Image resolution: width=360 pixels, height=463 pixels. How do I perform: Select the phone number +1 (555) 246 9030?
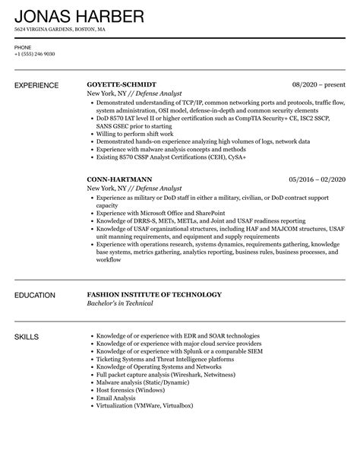point(34,53)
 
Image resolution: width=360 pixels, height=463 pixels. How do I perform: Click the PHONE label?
point(23,46)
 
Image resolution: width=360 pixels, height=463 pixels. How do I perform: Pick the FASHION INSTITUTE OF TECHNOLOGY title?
point(154,294)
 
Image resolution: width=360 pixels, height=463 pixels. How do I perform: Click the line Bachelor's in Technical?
point(120,303)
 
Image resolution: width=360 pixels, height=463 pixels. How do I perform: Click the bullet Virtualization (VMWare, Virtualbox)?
point(144,405)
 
